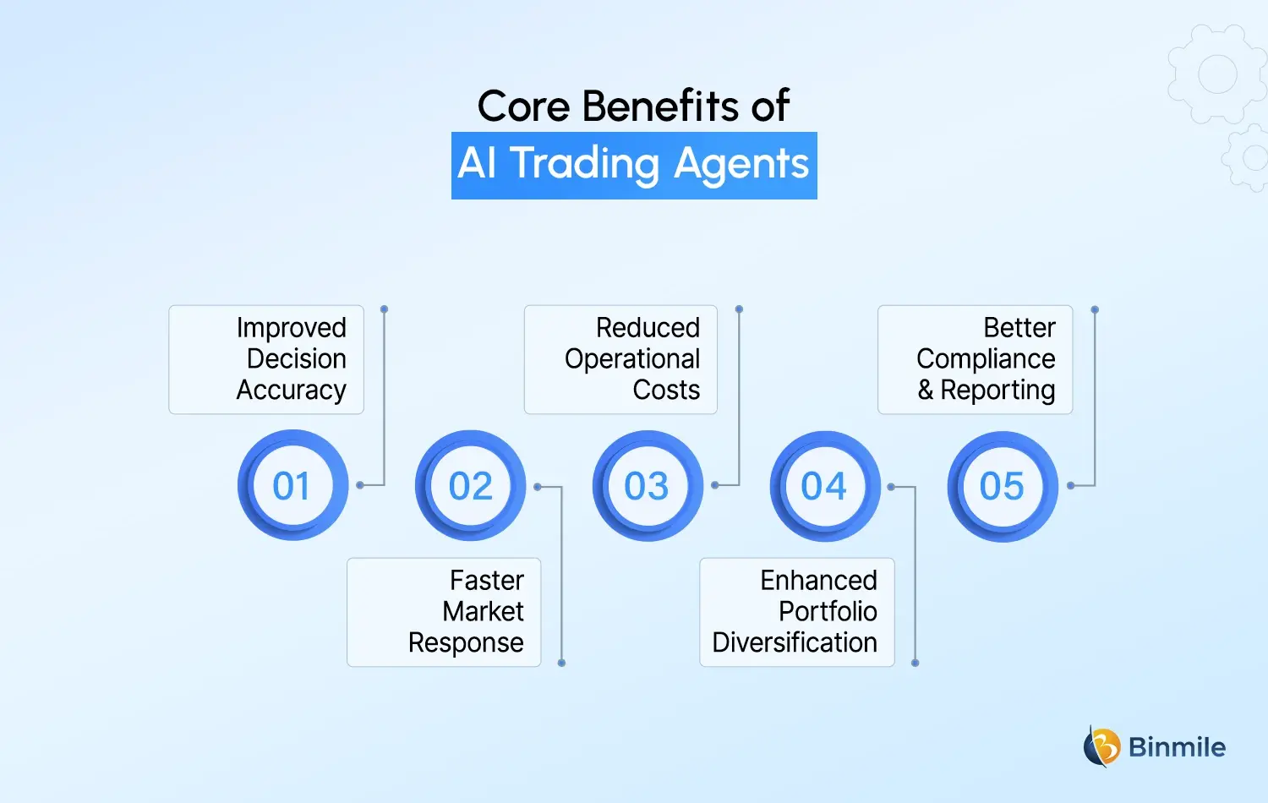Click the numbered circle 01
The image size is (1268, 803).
pyautogui.click(x=292, y=486)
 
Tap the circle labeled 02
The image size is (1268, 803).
pyautogui.click(x=470, y=486)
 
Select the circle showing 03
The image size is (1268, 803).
pyautogui.click(x=648, y=486)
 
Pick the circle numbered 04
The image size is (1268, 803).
pyautogui.click(x=825, y=486)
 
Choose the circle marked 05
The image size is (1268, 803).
pyautogui.click(x=1003, y=486)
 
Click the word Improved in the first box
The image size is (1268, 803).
pyautogui.click(x=292, y=328)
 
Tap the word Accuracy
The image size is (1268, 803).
pyautogui.click(x=292, y=391)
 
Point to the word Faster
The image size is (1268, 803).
pyautogui.click(x=487, y=581)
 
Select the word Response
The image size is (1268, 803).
pyautogui.click(x=466, y=643)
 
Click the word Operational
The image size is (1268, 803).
pyautogui.click(x=632, y=359)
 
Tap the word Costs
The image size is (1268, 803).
pyautogui.click(x=666, y=391)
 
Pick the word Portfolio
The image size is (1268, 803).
pyautogui.click(x=828, y=612)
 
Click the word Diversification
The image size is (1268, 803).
pyautogui.click(x=795, y=643)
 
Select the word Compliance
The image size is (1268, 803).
pyautogui.click(x=986, y=359)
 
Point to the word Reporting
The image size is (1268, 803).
pyautogui.click(x=997, y=391)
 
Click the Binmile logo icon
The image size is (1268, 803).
pyautogui.click(x=1101, y=746)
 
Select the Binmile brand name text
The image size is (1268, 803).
pyautogui.click(x=1177, y=747)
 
